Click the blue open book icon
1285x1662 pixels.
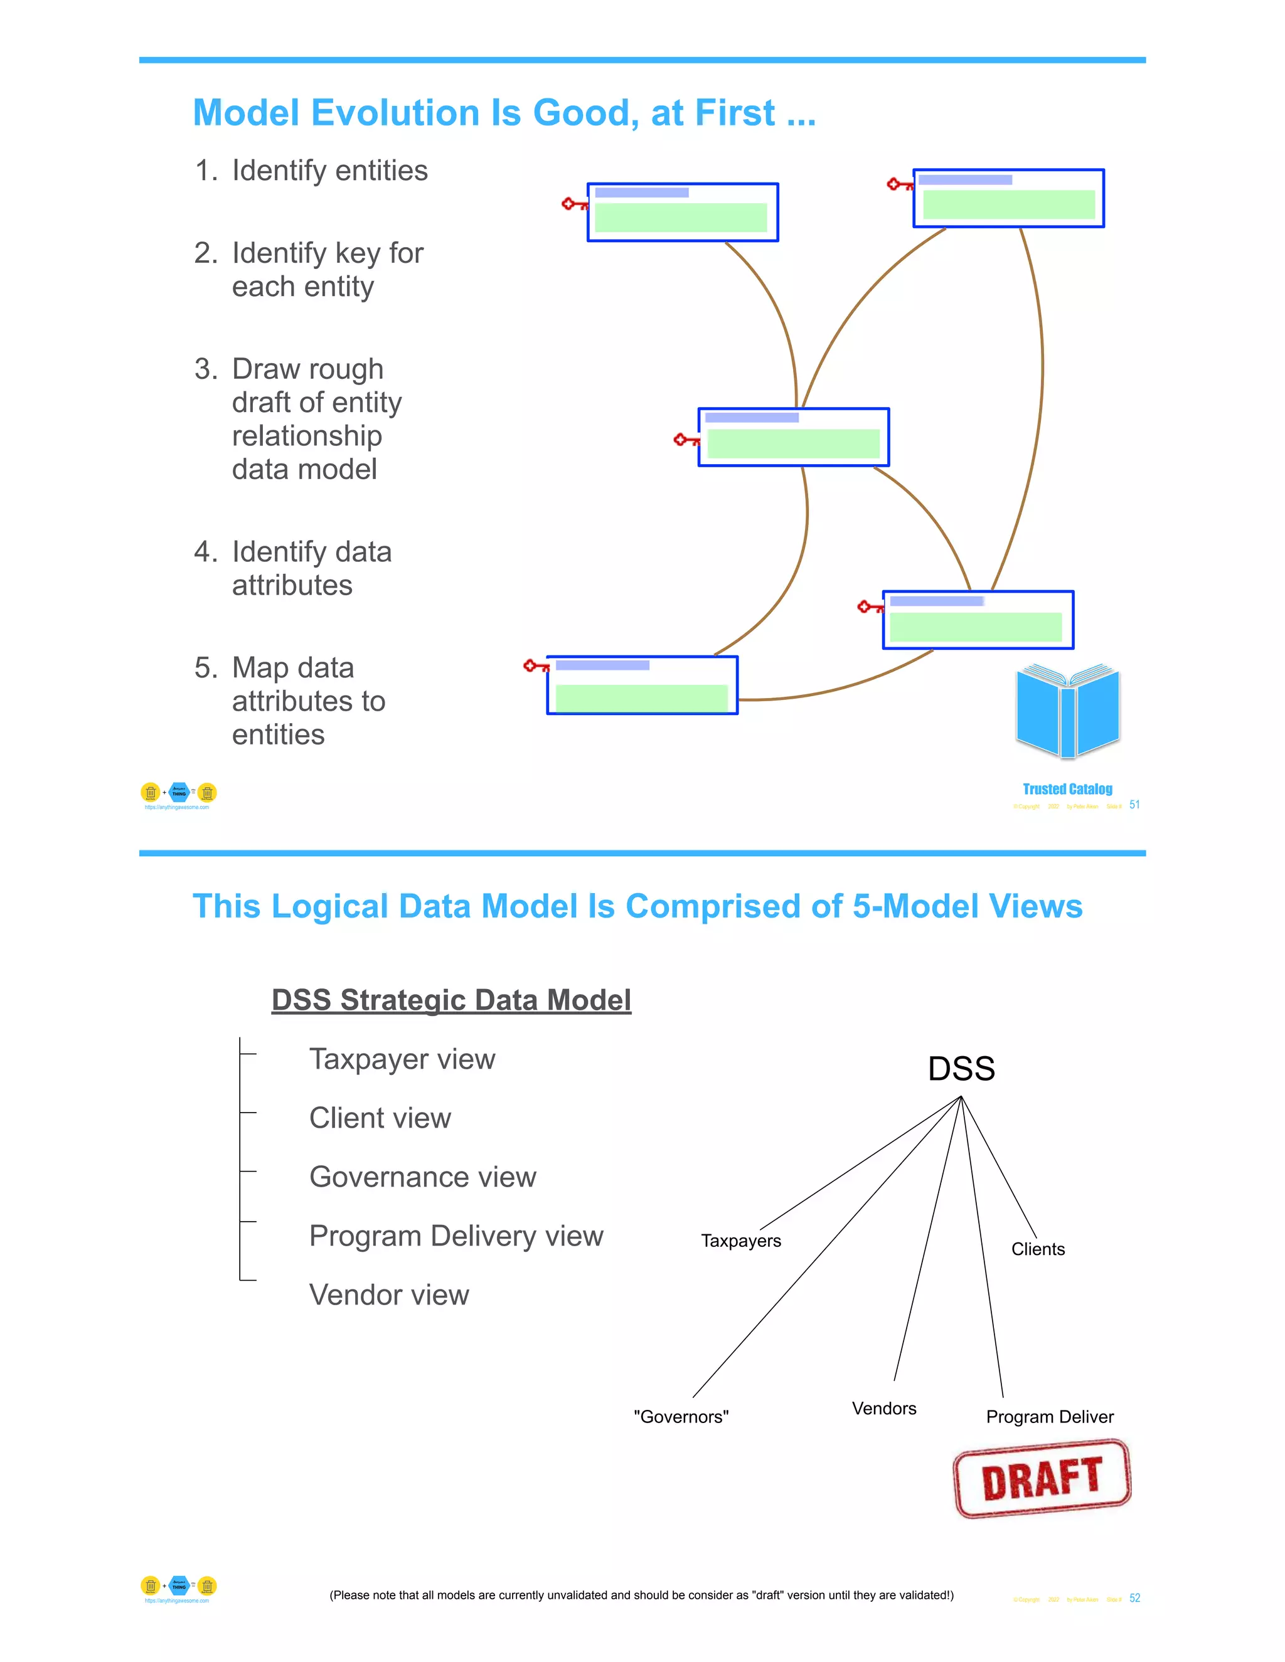1067,711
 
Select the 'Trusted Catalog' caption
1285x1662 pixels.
1067,789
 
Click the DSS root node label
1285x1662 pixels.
961,1069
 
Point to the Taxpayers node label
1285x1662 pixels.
741,1241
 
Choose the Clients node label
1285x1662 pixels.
1038,1249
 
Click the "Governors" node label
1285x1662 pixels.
681,1417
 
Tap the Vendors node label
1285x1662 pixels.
884,1409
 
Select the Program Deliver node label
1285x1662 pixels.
1049,1417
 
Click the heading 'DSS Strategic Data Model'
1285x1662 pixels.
451,1000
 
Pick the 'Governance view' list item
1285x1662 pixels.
422,1177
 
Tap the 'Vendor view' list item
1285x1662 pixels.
389,1295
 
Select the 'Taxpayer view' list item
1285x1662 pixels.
402,1059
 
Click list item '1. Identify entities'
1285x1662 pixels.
311,171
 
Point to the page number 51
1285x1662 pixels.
1134,805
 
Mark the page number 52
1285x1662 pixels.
1134,1598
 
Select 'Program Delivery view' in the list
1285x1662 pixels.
456,1237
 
